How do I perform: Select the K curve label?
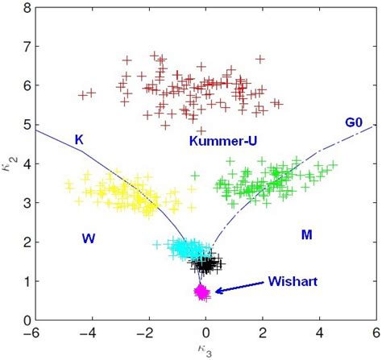[x=79, y=139]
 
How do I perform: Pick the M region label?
[x=307, y=234]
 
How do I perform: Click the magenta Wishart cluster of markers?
[x=202, y=292]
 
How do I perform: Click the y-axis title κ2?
[x=9, y=163]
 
